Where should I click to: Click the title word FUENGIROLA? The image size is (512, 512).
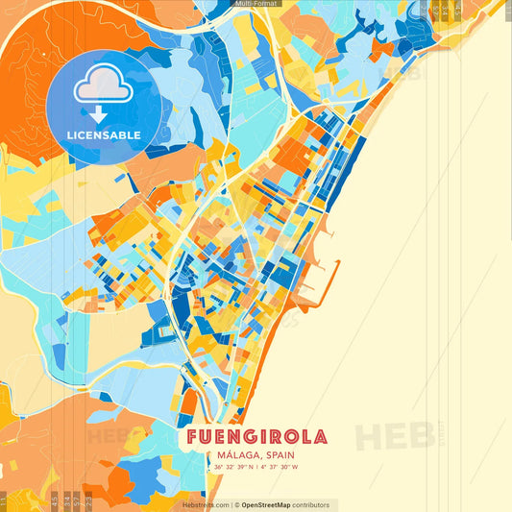coord(256,436)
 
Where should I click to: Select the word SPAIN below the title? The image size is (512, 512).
coord(280,454)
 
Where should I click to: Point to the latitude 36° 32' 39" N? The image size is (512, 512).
coord(233,467)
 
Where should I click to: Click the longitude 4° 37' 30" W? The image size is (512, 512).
coord(280,467)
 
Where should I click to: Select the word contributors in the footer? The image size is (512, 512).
coord(310,504)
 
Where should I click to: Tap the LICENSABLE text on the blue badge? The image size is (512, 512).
coord(103,134)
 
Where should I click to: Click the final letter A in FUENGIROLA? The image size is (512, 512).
coord(318,436)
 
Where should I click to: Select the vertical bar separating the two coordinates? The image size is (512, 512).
coord(257,467)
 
